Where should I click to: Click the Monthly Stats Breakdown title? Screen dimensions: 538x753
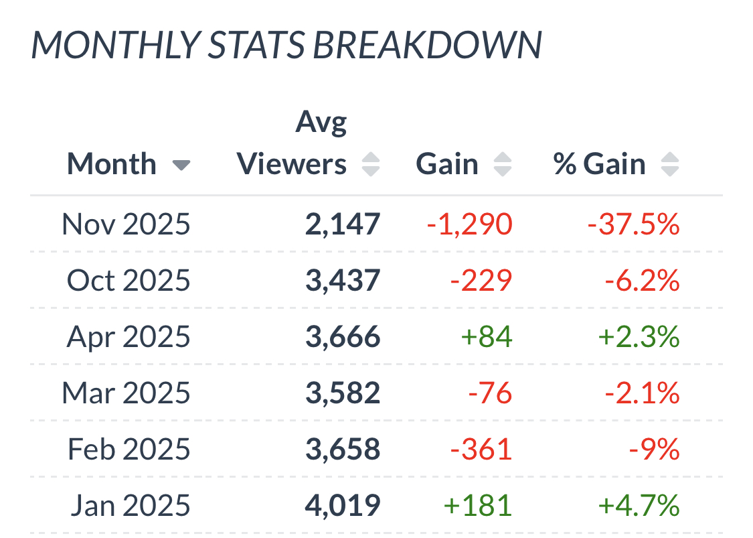point(286,46)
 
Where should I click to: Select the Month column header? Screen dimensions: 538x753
point(112,164)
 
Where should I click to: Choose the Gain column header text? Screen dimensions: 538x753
point(447,164)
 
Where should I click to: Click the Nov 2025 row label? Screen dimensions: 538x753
point(126,224)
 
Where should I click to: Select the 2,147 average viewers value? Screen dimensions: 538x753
point(343,224)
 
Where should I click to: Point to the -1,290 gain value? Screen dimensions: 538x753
point(470,224)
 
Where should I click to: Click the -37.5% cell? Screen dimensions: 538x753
point(633,224)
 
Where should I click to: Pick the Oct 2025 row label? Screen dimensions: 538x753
point(129,280)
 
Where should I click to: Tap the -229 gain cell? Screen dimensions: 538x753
point(481,280)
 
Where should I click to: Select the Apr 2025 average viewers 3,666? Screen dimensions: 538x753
point(343,336)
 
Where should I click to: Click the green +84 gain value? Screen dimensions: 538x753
point(487,336)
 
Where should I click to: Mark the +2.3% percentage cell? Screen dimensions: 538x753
point(639,336)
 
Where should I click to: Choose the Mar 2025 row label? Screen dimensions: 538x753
point(126,393)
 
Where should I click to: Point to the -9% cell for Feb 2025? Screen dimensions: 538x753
point(654,449)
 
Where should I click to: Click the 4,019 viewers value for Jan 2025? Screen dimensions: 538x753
point(343,505)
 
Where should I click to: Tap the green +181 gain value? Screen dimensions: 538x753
point(478,505)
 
